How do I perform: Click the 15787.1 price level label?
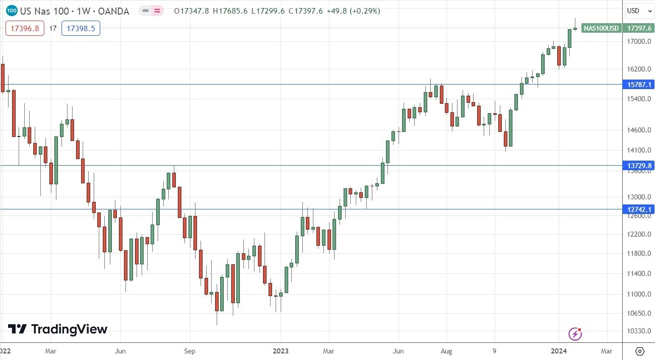[638, 85]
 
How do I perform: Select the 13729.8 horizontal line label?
[638, 166]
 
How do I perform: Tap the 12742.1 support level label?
[638, 209]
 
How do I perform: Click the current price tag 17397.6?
[638, 29]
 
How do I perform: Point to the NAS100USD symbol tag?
[601, 29]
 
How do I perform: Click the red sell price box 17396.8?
[25, 29]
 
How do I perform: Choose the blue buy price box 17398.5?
[81, 29]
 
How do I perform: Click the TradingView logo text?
[58, 329]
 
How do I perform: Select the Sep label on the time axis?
[189, 351]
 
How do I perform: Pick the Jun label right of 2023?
[398, 351]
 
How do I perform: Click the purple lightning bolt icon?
[575, 333]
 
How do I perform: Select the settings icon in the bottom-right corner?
[639, 351]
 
